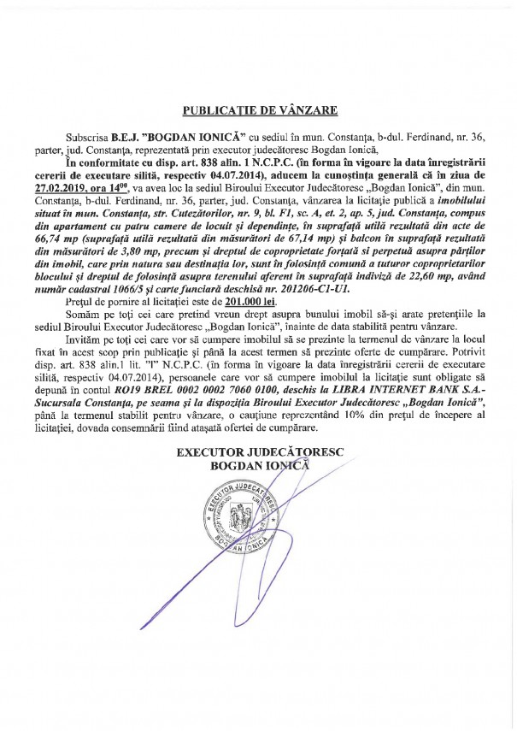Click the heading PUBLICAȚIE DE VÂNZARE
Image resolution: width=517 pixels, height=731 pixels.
[259, 110]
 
